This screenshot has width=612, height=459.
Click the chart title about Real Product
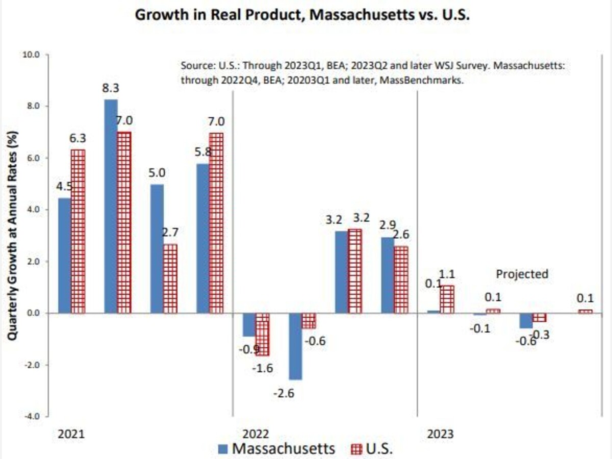(302, 15)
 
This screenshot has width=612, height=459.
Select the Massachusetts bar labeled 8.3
(111, 206)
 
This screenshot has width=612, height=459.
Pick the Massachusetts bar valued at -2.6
(295, 346)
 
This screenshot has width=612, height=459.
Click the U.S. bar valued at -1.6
(262, 334)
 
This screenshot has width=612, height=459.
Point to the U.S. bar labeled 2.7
(170, 278)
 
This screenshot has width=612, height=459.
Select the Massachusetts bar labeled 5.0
(157, 248)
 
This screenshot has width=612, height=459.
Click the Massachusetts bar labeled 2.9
(388, 275)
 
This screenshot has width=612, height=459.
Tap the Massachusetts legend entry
(277, 449)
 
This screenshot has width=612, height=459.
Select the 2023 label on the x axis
(440, 435)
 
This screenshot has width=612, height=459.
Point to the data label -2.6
(295, 393)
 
